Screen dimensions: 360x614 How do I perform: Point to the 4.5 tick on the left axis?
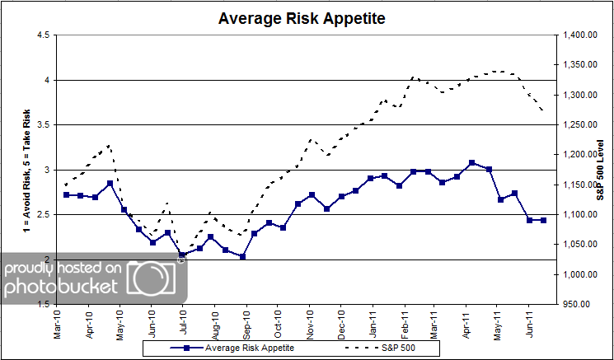[42, 35]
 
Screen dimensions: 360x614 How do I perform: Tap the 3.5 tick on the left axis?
[42, 125]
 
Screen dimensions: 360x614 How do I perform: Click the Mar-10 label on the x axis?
[58, 321]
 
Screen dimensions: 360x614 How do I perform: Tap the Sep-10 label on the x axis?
[246, 321]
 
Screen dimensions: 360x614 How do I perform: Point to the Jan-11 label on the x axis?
[373, 321]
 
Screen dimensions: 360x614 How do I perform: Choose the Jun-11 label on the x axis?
[530, 321]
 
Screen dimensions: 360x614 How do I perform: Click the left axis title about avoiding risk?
[27, 169]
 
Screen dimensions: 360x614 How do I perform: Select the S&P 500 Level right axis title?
[601, 169]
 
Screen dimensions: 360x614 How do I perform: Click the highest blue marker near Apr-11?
[471, 163]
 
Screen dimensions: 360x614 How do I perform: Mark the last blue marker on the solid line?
[543, 220]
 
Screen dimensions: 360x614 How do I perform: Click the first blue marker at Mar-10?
[66, 194]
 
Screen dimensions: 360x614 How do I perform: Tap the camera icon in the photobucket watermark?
[152, 278]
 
